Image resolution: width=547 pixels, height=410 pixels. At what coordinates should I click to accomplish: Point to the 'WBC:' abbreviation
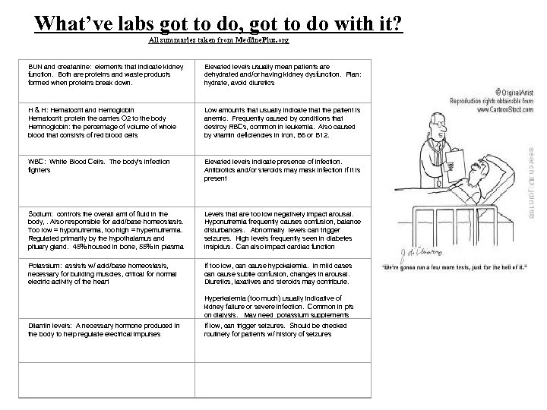(x=38, y=162)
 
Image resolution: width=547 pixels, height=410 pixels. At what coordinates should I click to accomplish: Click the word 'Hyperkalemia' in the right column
(x=226, y=298)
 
